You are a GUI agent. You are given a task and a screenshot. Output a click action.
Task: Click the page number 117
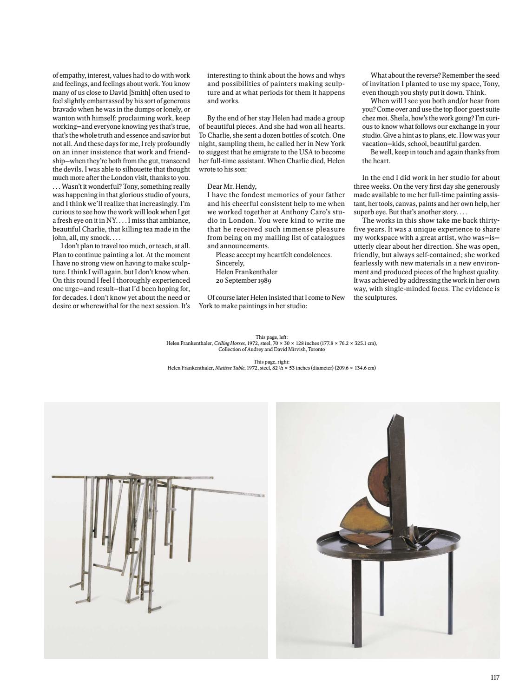tap(494, 677)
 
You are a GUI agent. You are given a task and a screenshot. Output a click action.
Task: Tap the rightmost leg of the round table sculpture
tap(449, 594)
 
